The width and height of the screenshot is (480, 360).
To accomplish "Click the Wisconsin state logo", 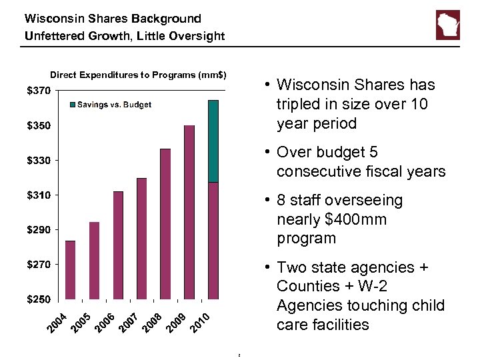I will (447, 25).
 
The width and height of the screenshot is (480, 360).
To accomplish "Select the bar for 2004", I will (71, 269).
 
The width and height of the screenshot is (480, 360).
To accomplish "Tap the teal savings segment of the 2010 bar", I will (213, 141).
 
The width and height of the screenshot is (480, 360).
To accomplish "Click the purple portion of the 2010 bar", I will (213, 240).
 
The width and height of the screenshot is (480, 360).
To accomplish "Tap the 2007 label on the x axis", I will (129, 322).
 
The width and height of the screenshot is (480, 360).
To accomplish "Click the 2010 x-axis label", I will (200, 322).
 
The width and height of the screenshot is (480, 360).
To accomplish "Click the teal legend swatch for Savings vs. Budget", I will (73, 105).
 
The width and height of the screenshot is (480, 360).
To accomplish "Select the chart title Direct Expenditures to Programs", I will (138, 75).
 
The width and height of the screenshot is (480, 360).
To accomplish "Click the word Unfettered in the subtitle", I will (54, 36).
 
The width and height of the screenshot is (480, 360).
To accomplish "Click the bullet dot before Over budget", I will (266, 153).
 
